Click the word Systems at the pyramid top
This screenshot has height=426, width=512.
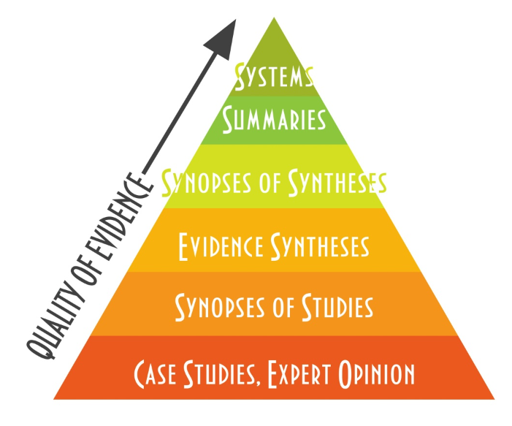click(274, 76)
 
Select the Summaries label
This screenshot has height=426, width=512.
click(274, 118)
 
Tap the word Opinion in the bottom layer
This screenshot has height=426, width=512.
click(378, 373)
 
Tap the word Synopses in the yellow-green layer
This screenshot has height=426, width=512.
click(205, 181)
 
